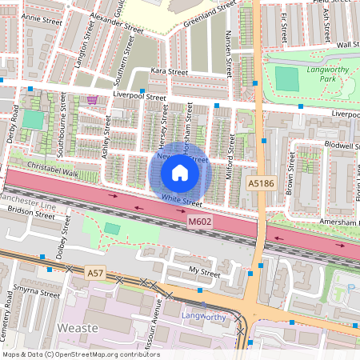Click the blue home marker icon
pos(180,172)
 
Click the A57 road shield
pos(96,274)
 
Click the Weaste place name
pos(78,328)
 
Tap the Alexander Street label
pos(116,22)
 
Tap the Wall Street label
pos(347,45)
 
